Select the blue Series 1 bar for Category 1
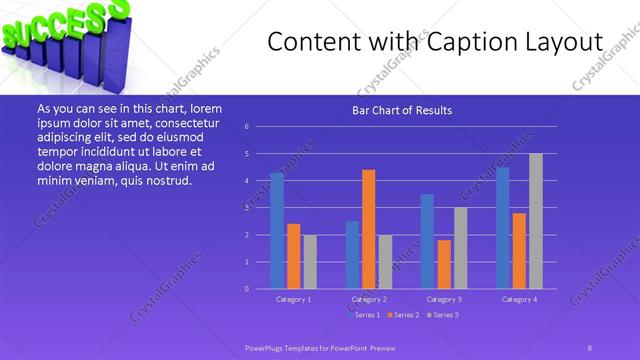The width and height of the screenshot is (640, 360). (277, 231)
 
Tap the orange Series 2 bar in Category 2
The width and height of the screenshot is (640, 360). (369, 229)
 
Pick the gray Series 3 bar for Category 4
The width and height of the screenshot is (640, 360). (536, 221)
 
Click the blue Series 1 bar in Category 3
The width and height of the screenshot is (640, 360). (427, 241)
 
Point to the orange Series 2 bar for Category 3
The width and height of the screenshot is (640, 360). (444, 264)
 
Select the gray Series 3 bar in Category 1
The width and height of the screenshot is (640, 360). (310, 262)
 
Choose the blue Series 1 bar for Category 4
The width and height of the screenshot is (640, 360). (503, 228)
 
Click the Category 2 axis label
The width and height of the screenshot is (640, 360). (369, 299)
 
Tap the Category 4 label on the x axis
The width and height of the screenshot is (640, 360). (519, 299)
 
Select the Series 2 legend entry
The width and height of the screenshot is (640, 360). (403, 315)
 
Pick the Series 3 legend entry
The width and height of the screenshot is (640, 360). (443, 315)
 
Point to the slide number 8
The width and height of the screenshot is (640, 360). (589, 346)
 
